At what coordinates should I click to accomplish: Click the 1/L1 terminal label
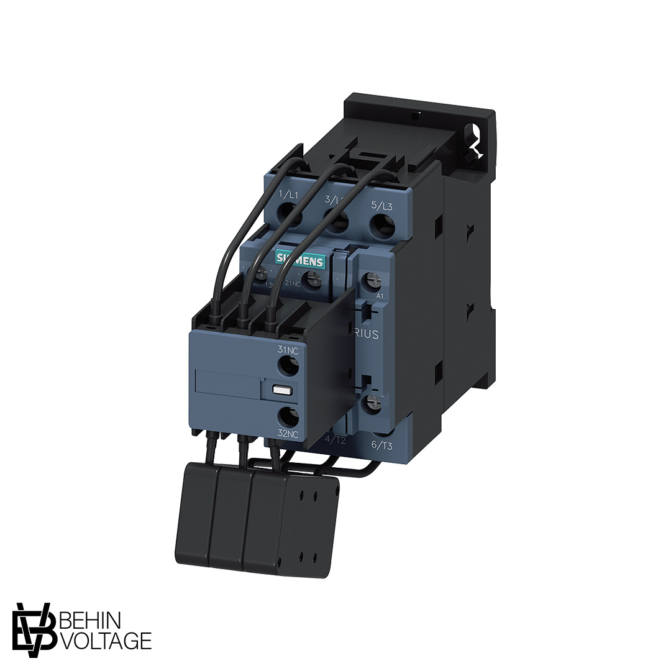click(x=289, y=195)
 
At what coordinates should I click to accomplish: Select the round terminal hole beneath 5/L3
click(x=380, y=227)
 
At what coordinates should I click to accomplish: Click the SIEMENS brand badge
click(x=299, y=259)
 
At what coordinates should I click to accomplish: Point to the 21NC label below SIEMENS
click(x=293, y=284)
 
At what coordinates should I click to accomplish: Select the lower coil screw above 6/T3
click(x=373, y=403)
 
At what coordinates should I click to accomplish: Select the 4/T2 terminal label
click(x=336, y=439)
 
